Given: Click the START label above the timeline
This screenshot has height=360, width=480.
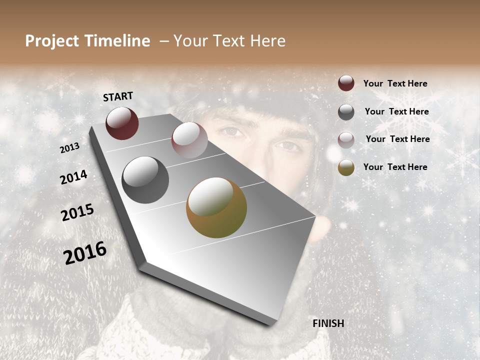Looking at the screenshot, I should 118,96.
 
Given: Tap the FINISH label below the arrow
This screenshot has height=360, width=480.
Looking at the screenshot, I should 328,323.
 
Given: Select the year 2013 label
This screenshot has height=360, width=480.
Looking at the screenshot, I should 69,148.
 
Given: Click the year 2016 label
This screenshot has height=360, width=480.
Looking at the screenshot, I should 85,253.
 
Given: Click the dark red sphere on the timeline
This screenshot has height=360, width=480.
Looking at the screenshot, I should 122,123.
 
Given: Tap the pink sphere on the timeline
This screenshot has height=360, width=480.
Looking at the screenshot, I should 189,139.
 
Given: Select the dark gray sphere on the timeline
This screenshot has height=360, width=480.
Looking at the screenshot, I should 145,180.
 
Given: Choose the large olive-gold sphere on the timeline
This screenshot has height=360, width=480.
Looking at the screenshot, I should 216,207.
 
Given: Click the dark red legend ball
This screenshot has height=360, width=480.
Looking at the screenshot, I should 346,83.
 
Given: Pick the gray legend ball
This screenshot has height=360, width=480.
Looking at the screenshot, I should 346,112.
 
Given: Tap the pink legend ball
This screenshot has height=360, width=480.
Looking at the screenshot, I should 346,140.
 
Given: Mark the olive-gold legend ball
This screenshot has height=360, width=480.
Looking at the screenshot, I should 346,167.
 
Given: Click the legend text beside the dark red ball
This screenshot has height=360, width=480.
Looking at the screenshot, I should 395,83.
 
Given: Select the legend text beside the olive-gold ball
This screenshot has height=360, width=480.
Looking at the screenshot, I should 395,167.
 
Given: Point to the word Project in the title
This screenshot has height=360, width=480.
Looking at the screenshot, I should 52,41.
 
